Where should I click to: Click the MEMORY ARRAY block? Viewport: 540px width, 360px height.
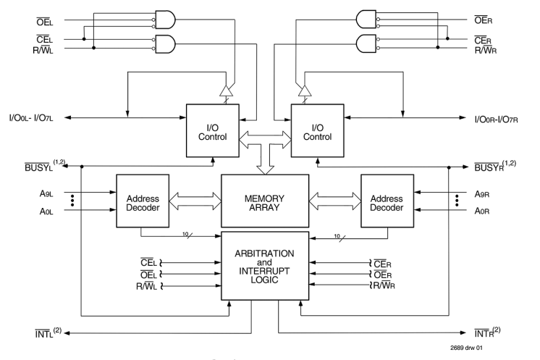265,201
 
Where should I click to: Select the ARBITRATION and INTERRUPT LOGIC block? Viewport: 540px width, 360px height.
265,266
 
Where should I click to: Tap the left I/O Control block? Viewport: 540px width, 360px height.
213,130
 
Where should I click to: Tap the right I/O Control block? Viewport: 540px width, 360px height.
318,130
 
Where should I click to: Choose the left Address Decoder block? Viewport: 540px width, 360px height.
143,201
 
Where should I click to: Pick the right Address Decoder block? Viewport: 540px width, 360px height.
387,201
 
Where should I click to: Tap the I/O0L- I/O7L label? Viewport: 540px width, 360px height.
31,118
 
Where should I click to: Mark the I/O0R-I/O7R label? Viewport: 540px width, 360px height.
496,120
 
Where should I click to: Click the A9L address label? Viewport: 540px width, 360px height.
46,193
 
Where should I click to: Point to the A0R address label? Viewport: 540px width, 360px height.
482,211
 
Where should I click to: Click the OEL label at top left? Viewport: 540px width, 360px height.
45,22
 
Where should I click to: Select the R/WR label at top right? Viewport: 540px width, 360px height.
486,50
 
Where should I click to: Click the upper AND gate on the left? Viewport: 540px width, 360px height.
165,20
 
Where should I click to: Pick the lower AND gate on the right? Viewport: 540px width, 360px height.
366,43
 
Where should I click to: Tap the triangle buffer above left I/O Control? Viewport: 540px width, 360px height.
227,91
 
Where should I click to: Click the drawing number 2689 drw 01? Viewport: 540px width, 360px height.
466,348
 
